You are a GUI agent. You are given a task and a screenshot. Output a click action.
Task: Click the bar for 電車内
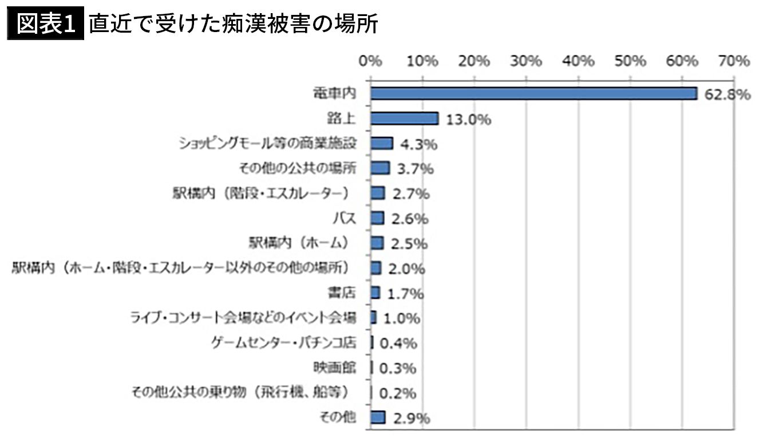pos(533,93)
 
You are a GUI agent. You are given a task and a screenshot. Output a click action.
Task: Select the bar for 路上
pos(404,119)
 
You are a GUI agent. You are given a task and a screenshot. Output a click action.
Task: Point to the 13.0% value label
pos(468,120)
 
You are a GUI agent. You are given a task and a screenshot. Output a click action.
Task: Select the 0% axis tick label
pos(371,61)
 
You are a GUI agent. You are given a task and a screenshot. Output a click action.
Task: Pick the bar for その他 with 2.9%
pos(378,418)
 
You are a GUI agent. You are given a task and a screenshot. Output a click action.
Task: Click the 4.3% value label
pos(418,144)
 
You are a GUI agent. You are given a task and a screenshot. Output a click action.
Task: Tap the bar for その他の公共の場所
pos(380,168)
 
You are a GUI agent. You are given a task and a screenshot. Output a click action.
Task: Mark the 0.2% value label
pos(397,393)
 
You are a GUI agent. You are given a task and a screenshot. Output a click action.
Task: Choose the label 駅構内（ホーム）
pos(299,243)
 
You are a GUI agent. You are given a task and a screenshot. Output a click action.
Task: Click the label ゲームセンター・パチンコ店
pos(284,343)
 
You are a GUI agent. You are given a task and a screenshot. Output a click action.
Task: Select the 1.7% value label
pos(405,294)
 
